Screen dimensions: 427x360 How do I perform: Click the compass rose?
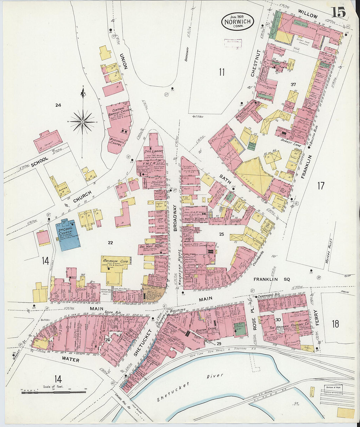pos(83,122)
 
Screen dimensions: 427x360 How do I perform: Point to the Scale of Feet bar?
pos(54,392)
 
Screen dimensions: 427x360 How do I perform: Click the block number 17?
pos(321,186)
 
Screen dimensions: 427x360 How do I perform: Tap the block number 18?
pos(335,324)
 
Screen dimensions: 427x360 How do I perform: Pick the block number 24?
pos(58,105)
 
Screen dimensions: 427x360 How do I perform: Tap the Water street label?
pos(70,360)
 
